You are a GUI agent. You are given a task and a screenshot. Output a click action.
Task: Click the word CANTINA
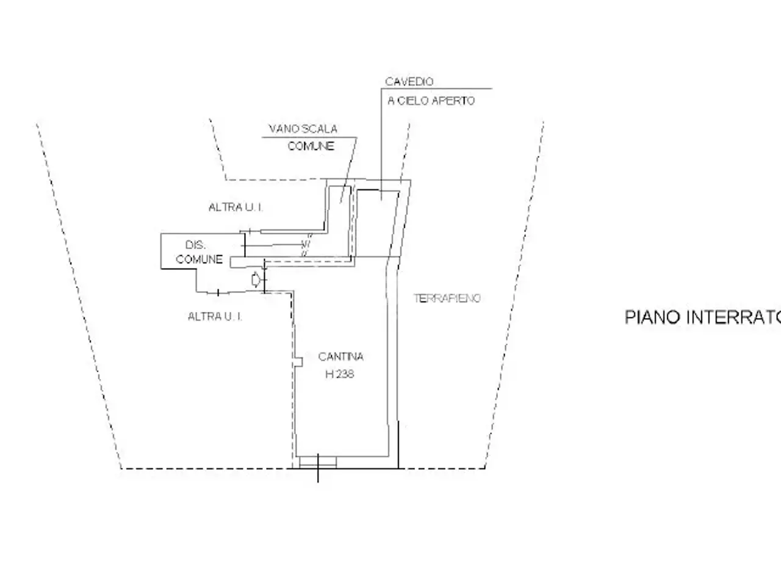[x=340, y=356]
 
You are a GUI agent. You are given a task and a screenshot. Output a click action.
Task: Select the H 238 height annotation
[x=340, y=374]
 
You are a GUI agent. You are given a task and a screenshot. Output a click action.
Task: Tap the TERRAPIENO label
[x=447, y=298]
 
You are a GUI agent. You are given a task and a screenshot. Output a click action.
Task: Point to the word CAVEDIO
[x=409, y=82]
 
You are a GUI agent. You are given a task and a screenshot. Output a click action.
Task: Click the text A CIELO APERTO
[x=431, y=101]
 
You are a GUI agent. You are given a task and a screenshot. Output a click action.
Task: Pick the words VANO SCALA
[x=303, y=129]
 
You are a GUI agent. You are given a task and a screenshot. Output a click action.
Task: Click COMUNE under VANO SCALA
[x=311, y=146]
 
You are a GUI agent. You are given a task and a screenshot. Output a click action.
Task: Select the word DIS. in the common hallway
[x=195, y=245]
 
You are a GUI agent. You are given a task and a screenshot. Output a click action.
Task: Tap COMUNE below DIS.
[x=199, y=259]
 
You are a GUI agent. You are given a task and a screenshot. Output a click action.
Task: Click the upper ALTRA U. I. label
[x=236, y=207]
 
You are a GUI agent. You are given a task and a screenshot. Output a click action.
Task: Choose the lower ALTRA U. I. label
[x=215, y=316]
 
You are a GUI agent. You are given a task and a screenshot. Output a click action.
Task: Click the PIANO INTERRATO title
[x=703, y=317]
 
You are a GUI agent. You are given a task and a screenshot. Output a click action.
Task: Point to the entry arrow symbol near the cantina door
[x=256, y=280]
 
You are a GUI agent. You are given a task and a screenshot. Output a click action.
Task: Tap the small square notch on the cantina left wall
[x=298, y=362]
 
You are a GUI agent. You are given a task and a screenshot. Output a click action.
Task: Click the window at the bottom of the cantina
[x=318, y=462]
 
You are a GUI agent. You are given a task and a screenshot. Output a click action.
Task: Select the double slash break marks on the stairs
[x=306, y=245]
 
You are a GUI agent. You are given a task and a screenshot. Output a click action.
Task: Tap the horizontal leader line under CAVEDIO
[x=437, y=89]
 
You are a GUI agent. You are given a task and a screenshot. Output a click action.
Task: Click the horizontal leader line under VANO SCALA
[x=309, y=137]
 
